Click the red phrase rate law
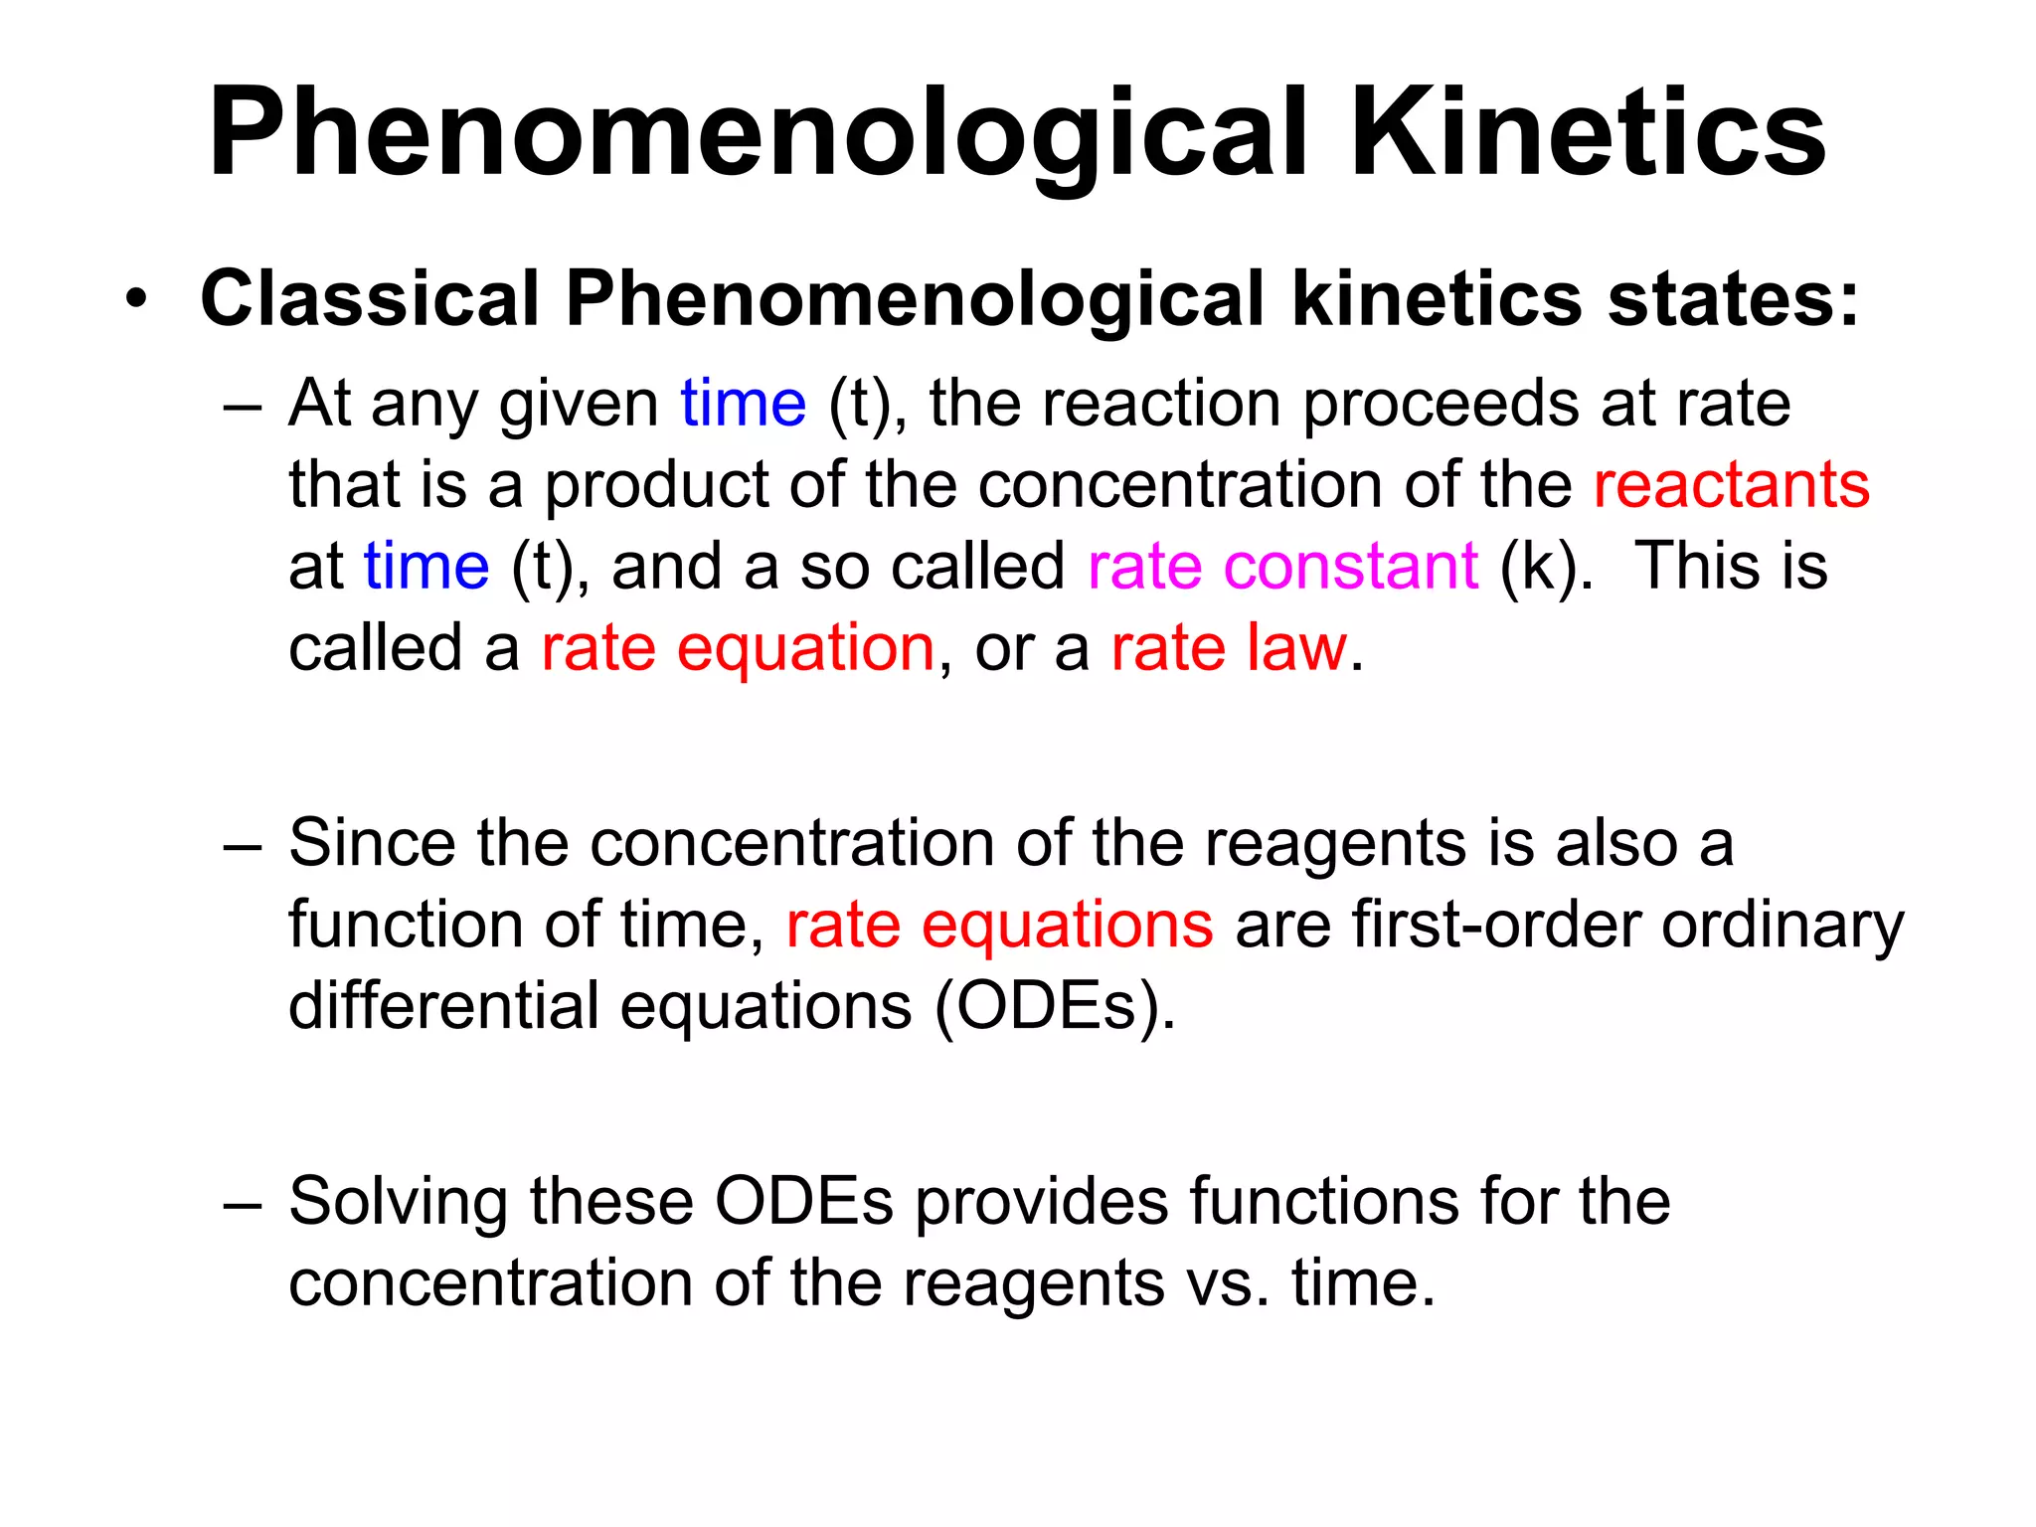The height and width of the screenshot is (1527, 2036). click(x=1229, y=648)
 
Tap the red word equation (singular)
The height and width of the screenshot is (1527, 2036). click(x=805, y=648)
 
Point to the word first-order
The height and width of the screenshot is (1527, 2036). click(x=1496, y=925)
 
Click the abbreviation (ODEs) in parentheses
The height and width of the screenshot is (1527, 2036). click(x=1055, y=1006)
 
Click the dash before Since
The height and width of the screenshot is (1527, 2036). click(x=243, y=845)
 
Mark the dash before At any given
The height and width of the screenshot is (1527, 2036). click(x=243, y=406)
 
